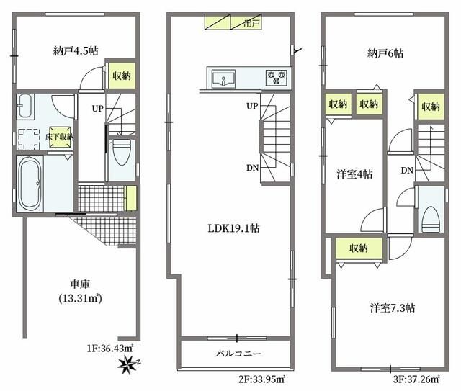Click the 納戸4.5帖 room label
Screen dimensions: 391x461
[76, 51]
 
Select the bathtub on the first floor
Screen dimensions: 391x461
[30, 184]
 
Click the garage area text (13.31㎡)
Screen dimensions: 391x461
[80, 299]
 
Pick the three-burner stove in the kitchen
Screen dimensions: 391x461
[277, 76]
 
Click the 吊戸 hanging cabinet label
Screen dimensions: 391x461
[251, 23]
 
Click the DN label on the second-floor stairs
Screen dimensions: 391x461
[252, 168]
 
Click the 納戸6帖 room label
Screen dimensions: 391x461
[385, 53]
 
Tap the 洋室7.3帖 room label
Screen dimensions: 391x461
[392, 307]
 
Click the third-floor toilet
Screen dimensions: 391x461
[430, 217]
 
